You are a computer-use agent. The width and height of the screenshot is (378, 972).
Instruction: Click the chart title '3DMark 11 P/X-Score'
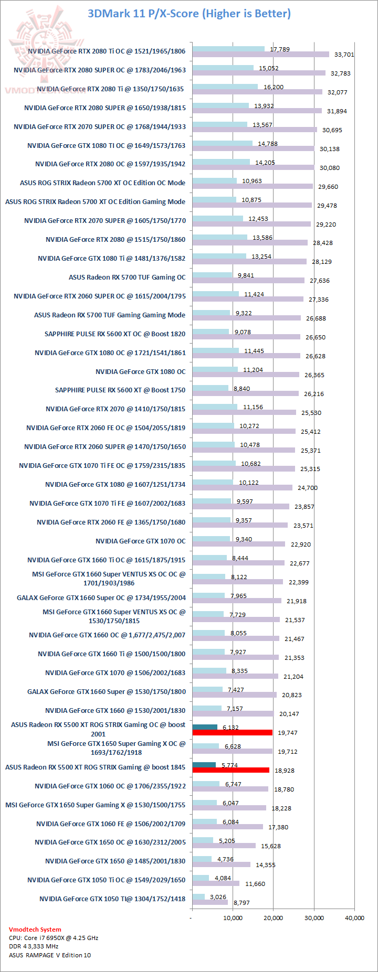[x=189, y=14]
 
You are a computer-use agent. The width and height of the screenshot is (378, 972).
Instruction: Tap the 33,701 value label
[x=344, y=55]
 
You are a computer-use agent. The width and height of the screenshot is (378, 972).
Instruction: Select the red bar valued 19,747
[x=233, y=733]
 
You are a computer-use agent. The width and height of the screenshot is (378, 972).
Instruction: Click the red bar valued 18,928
[x=231, y=770]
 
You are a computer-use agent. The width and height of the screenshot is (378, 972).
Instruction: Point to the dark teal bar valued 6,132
[x=205, y=727]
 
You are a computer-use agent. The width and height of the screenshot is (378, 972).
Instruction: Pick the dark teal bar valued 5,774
[x=204, y=765]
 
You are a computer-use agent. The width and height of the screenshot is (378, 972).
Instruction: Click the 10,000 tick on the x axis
[x=233, y=917]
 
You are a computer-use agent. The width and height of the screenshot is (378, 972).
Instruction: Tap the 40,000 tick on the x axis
[x=354, y=917]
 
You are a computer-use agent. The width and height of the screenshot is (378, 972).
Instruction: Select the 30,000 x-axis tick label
[x=314, y=917]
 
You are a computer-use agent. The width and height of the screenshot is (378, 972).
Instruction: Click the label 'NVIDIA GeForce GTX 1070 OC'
[x=140, y=541]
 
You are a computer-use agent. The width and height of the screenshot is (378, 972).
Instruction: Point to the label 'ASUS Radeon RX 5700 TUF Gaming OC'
[x=127, y=277]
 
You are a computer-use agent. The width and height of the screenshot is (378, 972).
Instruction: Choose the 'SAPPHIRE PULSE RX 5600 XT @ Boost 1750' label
[x=120, y=390]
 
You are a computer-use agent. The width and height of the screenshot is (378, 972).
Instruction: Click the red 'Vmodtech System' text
[x=35, y=929]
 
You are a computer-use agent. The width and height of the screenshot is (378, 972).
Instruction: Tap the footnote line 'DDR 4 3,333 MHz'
[x=34, y=946]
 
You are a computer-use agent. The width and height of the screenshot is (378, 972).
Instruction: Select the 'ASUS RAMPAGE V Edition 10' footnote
[x=50, y=955]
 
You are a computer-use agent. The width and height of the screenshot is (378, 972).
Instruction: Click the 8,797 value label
[x=241, y=903]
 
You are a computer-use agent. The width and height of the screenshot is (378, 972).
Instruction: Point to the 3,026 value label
[x=218, y=897]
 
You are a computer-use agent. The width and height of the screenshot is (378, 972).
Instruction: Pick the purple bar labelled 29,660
[x=253, y=186]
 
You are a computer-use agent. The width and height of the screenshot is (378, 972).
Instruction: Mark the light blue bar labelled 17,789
[x=228, y=49]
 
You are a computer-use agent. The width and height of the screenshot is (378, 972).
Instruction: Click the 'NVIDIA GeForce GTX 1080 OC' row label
[x=140, y=371]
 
